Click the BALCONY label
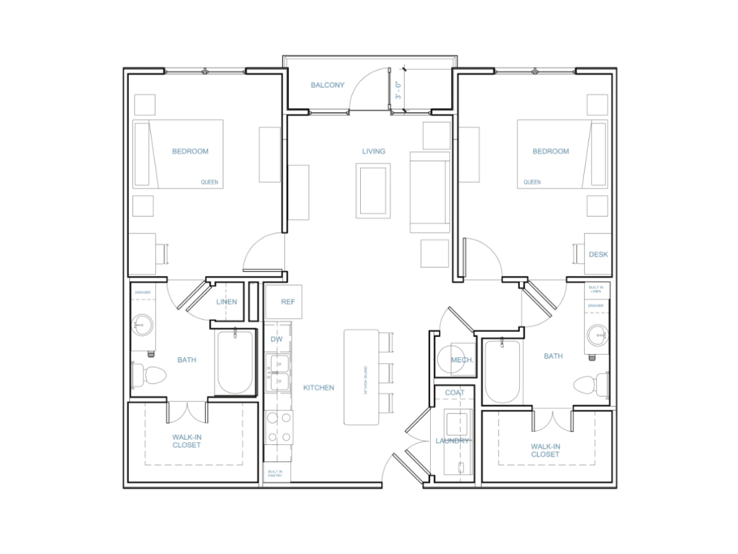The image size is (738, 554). [x=327, y=85]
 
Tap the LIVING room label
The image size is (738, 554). [x=373, y=151]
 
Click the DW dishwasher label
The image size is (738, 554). [x=276, y=339]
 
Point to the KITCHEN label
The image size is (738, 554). [x=319, y=387]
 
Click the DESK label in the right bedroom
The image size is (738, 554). [x=598, y=255]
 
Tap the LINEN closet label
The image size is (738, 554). [x=226, y=302]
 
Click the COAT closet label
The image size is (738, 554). [x=455, y=392]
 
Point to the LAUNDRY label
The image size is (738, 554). [x=452, y=441]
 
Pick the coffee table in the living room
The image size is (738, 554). [x=373, y=190]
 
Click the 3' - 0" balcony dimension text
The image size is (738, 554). [x=398, y=90]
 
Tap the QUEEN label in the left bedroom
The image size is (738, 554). [x=209, y=182]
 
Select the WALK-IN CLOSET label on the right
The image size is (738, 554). [x=545, y=450]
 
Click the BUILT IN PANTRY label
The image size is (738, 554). [x=274, y=474]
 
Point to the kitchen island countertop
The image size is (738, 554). [x=360, y=377]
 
